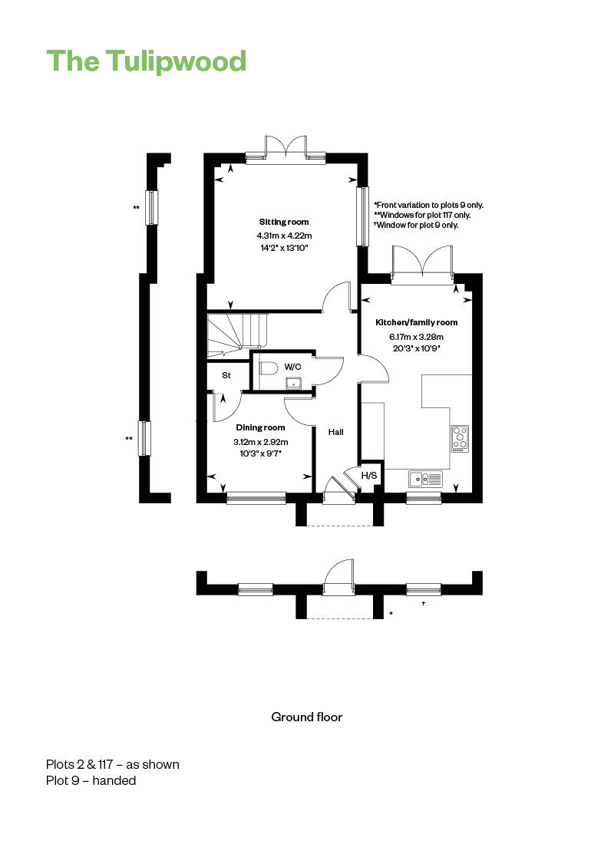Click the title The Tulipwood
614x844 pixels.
(146, 61)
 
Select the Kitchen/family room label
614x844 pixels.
(416, 323)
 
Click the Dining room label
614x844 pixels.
(260, 427)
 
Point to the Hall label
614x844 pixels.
(336, 432)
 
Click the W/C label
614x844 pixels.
(292, 367)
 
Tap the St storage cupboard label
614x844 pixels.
(226, 376)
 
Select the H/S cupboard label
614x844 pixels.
(369, 476)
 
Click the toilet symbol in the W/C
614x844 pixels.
(266, 368)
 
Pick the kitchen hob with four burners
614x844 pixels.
(460, 438)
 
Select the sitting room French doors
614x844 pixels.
(285, 148)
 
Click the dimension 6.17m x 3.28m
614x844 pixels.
(416, 336)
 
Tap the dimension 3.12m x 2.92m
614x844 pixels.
(260, 441)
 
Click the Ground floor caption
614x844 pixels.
(306, 717)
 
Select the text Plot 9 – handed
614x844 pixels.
(91, 780)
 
